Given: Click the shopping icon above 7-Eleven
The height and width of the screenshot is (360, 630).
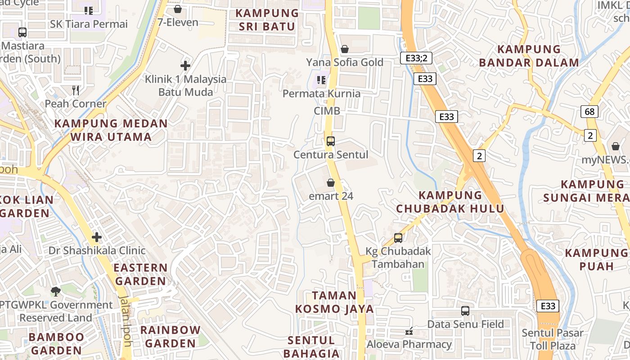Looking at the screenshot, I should pyautogui.click(x=178, y=9).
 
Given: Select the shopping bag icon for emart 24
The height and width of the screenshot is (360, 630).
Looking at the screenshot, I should pyautogui.click(x=331, y=183).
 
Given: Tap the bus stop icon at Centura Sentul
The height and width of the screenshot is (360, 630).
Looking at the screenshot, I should pyautogui.click(x=331, y=141).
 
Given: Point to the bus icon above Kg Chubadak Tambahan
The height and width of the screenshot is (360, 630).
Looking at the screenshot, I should pyautogui.click(x=398, y=238).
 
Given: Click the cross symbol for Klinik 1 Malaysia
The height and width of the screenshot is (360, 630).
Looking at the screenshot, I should pyautogui.click(x=185, y=66).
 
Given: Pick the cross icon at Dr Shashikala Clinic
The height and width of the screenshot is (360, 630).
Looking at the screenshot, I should pyautogui.click(x=97, y=237).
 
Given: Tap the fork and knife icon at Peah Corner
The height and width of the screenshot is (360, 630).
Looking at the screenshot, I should pyautogui.click(x=76, y=90).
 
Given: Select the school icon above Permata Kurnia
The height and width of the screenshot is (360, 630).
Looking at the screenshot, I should pyautogui.click(x=321, y=80).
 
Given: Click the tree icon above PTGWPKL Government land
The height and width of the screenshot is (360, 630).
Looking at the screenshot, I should pyautogui.click(x=56, y=291).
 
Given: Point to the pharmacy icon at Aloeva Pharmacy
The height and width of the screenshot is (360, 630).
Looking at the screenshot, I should pyautogui.click(x=409, y=332).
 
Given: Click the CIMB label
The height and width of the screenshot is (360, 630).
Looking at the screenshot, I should pyautogui.click(x=327, y=111).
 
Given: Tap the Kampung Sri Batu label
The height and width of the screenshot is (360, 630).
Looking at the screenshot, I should pyautogui.click(x=267, y=20).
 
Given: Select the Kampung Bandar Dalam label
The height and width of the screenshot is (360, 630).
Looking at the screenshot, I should pyautogui.click(x=529, y=56).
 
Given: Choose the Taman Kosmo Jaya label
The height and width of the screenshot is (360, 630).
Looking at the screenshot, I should pyautogui.click(x=334, y=302).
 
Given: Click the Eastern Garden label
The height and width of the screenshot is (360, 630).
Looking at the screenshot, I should pyautogui.click(x=140, y=274).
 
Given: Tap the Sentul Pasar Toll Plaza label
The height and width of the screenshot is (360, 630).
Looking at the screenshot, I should pyautogui.click(x=553, y=339).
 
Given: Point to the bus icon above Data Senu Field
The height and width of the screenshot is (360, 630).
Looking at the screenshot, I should pyautogui.click(x=465, y=310).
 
